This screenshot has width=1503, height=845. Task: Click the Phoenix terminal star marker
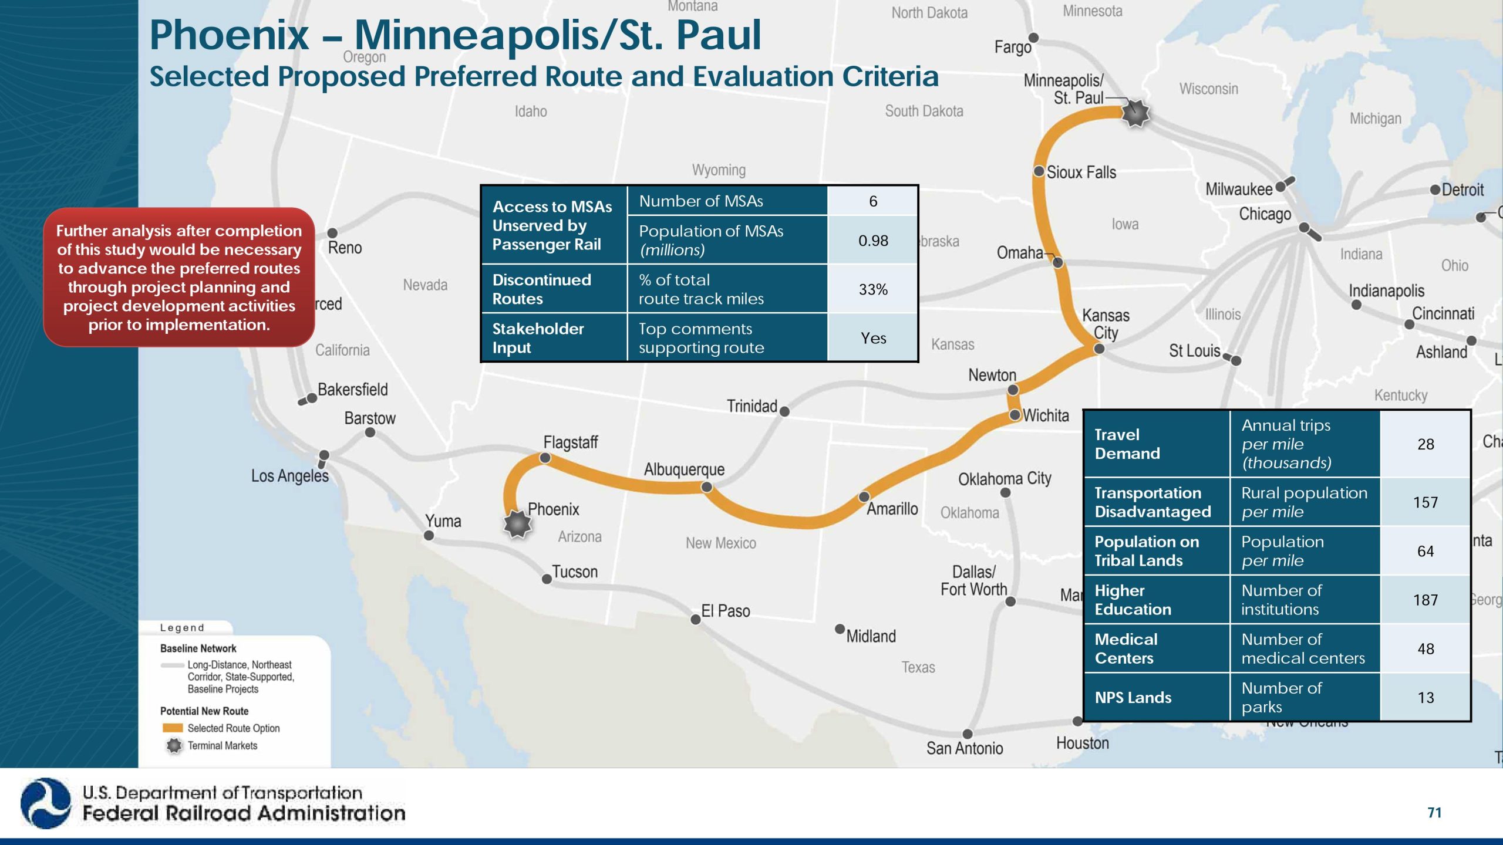click(x=517, y=523)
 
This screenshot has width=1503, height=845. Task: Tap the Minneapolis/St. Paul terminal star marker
click(x=1135, y=113)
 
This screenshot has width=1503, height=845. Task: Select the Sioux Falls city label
click(x=1081, y=173)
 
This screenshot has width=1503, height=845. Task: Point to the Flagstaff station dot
click(x=545, y=458)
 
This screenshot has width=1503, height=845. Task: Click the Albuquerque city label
click(x=684, y=469)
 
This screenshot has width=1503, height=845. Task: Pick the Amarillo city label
click(x=892, y=509)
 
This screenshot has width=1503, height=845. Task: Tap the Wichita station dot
click(x=1015, y=415)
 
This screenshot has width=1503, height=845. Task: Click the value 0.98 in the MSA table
click(x=873, y=241)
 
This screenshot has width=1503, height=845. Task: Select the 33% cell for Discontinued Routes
click(x=873, y=289)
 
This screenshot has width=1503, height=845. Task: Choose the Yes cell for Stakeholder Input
click(x=873, y=338)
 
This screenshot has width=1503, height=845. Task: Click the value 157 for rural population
click(x=1425, y=502)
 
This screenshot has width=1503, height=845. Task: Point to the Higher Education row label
click(x=1133, y=600)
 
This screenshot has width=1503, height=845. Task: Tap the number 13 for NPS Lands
click(x=1425, y=698)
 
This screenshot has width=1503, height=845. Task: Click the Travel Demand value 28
click(x=1425, y=444)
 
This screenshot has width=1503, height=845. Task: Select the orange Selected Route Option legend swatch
click(x=173, y=728)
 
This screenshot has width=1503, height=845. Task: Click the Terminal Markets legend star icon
click(x=174, y=746)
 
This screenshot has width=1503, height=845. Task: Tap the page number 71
click(x=1434, y=813)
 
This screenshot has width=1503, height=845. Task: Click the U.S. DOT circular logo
click(x=45, y=803)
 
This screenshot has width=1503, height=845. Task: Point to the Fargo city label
click(x=1012, y=47)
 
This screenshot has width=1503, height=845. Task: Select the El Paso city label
click(x=725, y=611)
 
